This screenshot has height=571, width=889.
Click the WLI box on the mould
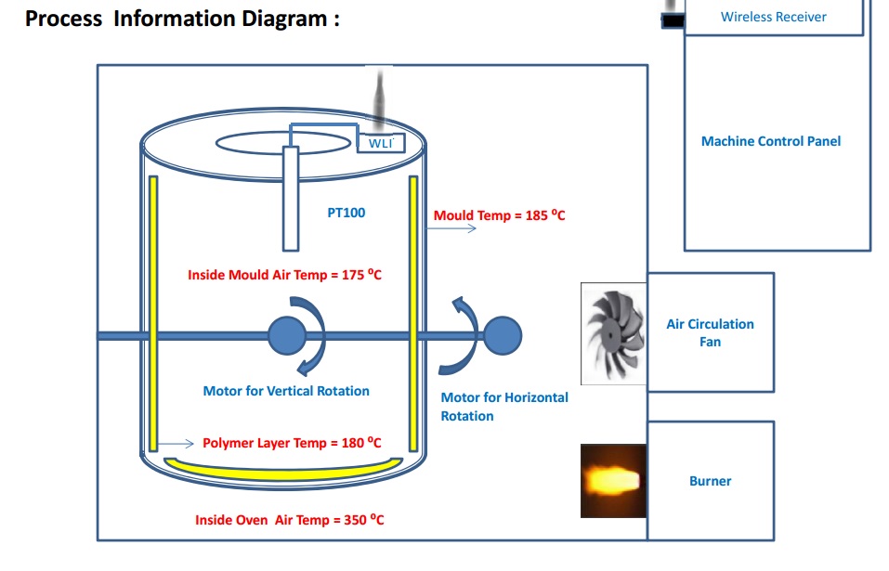(x=381, y=143)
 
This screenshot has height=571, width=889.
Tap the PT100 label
(x=346, y=213)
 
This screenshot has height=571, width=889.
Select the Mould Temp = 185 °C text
(x=499, y=215)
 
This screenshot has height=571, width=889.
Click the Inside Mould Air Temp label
(x=284, y=275)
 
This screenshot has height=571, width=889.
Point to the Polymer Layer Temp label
(x=292, y=443)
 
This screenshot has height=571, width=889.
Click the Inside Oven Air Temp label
(x=289, y=519)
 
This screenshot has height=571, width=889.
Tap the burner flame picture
(x=613, y=481)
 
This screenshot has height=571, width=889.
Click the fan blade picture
(x=614, y=334)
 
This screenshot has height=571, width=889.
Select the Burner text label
(x=711, y=481)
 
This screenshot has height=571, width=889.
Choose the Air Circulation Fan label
(x=711, y=332)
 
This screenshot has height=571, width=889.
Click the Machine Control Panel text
(x=771, y=141)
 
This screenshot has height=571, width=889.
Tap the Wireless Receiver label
(x=773, y=17)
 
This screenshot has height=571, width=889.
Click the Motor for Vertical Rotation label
(x=286, y=391)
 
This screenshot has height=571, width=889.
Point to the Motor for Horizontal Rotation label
(x=504, y=407)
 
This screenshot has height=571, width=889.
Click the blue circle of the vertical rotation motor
(x=287, y=336)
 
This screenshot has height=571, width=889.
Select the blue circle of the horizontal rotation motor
(x=503, y=336)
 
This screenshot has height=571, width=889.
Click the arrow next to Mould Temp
(x=451, y=228)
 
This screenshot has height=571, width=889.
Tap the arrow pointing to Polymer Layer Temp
(x=176, y=444)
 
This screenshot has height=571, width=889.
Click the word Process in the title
(x=63, y=19)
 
